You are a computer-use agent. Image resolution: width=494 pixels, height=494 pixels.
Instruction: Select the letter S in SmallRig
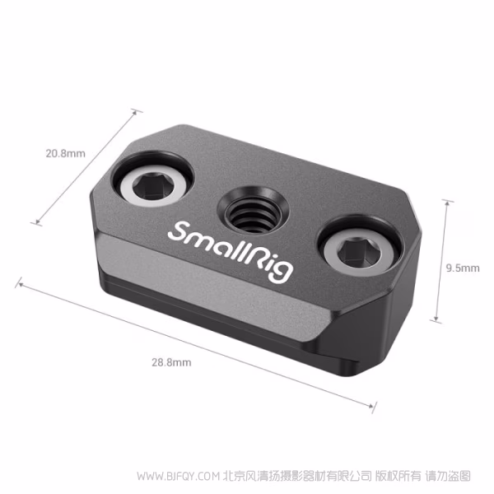(x=177, y=231)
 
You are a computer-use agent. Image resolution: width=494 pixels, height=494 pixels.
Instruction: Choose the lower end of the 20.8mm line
(x=34, y=222)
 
